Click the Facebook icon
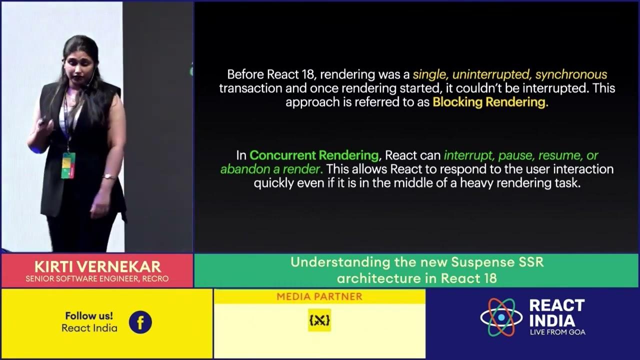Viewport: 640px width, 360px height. [140, 322]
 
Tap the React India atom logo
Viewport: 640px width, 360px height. [500, 317]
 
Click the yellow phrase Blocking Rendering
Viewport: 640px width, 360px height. [490, 102]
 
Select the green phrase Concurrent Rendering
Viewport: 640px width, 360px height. [314, 155]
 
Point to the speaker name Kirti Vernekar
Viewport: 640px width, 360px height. [97, 266]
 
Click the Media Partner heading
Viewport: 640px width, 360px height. [319, 296]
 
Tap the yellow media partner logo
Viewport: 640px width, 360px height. [319, 320]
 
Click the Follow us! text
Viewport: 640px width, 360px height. [89, 316]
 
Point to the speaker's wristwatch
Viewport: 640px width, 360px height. [108, 176]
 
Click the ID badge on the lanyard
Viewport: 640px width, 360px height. [68, 165]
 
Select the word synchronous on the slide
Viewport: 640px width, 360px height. [571, 75]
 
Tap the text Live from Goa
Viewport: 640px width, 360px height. [557, 332]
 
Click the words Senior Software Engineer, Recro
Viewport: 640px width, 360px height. [97, 278]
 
